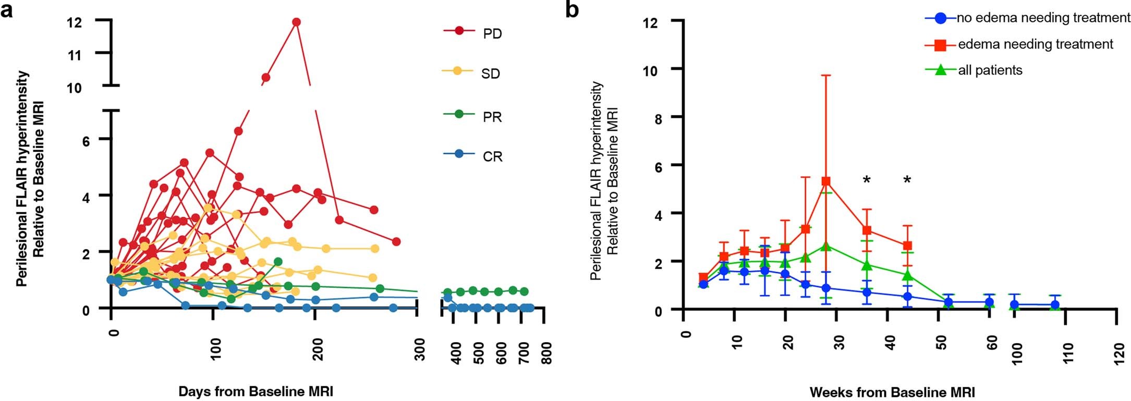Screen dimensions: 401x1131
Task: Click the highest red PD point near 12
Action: (296, 22)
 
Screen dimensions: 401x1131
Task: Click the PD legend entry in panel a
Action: (492, 34)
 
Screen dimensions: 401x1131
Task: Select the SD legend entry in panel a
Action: (490, 74)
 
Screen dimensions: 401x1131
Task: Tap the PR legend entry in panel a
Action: (492, 117)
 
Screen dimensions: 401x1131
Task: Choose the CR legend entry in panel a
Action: (492, 156)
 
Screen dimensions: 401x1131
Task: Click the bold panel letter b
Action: (572, 9)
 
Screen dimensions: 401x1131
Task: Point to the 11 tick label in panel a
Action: (75, 54)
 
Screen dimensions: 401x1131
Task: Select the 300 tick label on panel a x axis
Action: (419, 349)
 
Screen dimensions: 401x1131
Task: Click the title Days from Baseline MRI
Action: (256, 392)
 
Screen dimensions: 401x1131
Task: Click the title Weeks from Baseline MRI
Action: (892, 392)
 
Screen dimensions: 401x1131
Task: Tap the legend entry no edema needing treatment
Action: (1042, 18)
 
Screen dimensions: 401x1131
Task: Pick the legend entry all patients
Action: (990, 70)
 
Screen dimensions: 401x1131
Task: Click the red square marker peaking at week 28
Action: (826, 181)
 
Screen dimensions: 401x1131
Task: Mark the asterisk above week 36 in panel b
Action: (867, 180)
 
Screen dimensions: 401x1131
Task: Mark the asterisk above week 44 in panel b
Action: (907, 180)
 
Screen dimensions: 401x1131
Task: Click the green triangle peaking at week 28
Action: (826, 246)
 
